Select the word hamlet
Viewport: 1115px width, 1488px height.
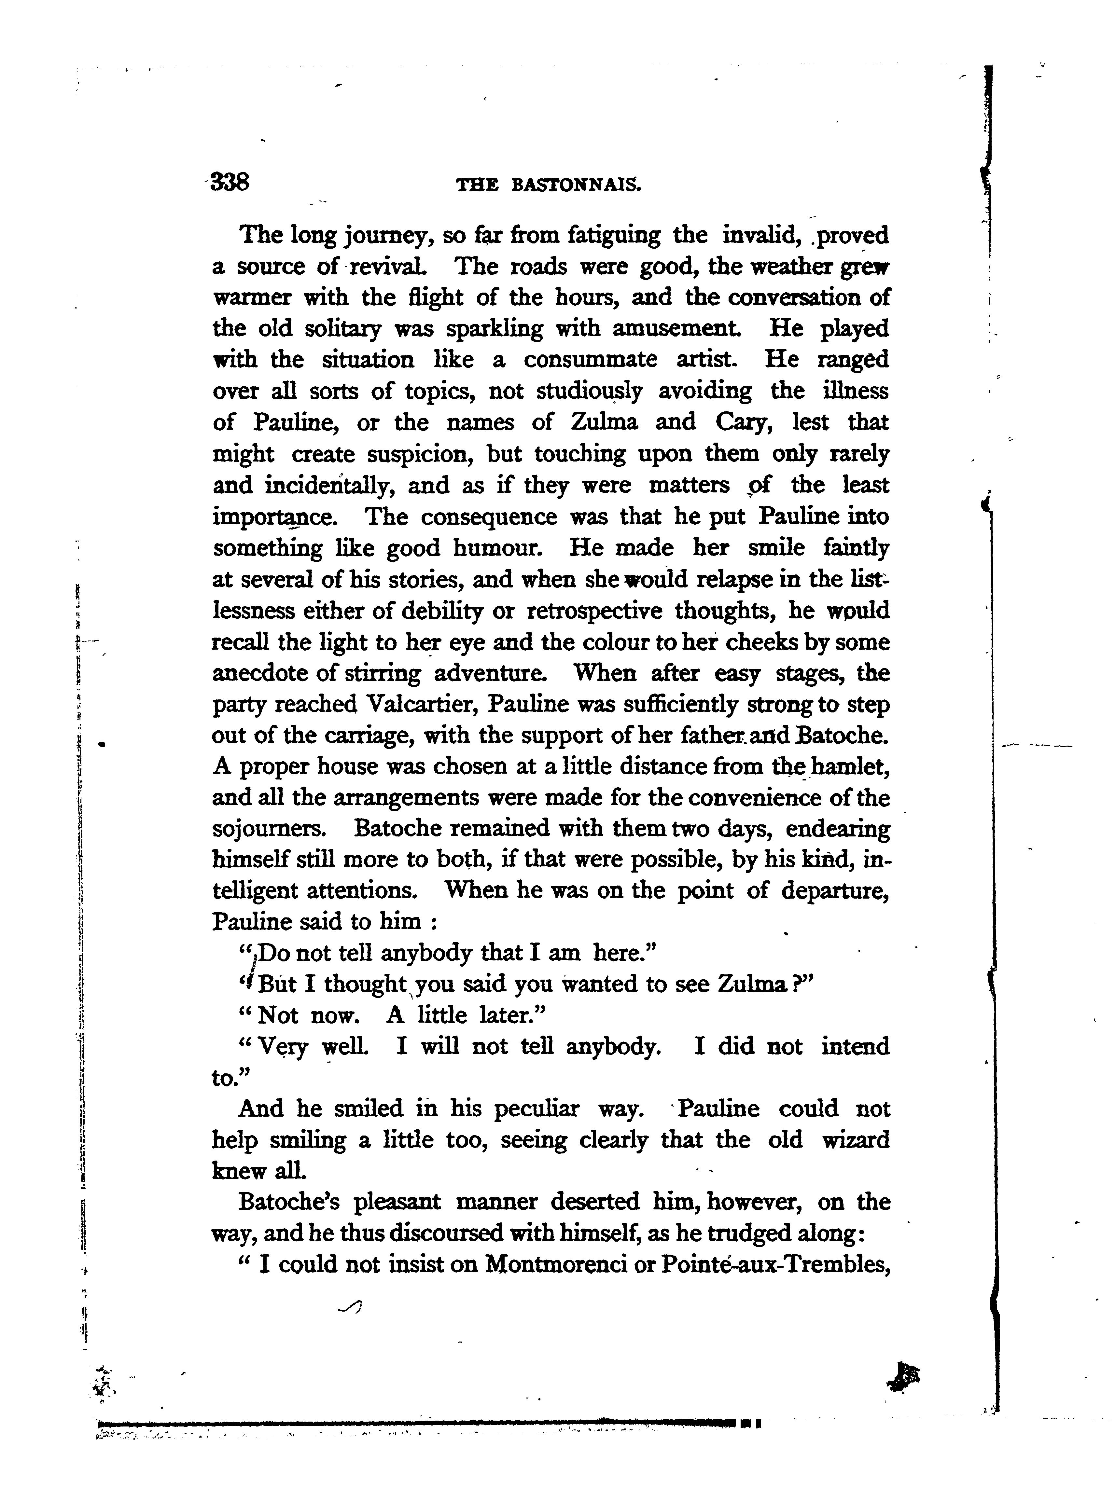pos(851,766)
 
